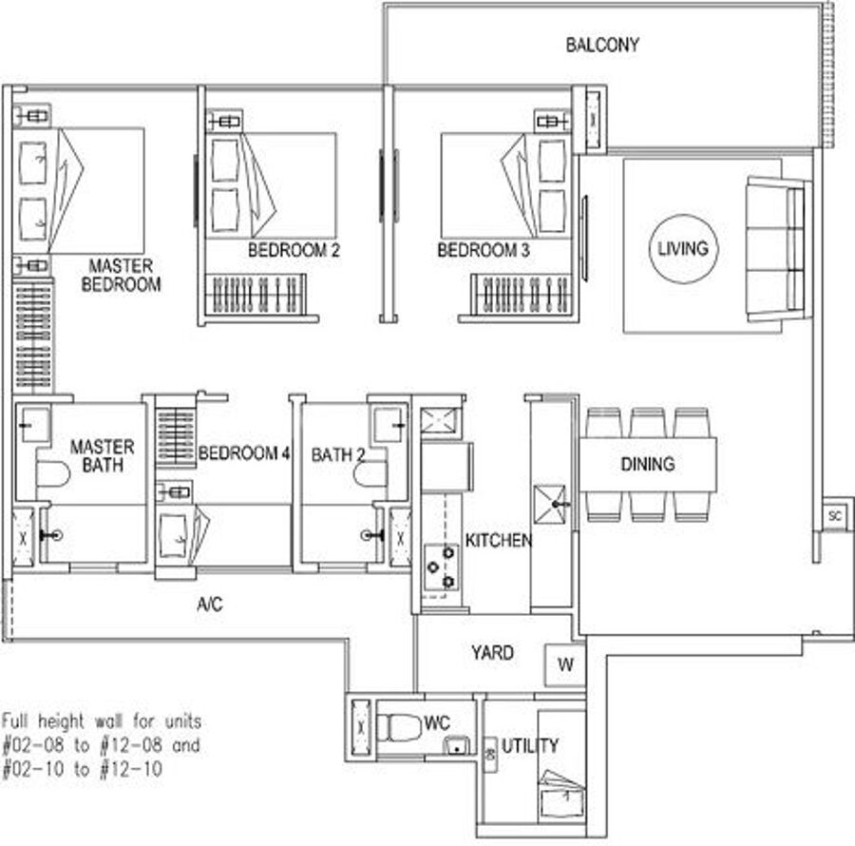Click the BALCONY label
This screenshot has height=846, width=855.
tap(602, 45)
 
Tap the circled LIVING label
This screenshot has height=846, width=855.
tap(683, 249)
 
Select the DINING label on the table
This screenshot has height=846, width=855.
tap(647, 464)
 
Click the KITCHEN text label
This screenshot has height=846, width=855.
tap(499, 540)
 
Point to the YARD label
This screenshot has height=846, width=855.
tap(492, 653)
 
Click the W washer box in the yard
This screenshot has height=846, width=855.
tap(565, 664)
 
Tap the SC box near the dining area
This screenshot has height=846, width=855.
tap(835, 515)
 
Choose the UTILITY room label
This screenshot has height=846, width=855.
tap(530, 745)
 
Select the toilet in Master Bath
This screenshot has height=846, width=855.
tap(53, 474)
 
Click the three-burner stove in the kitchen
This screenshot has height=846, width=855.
tap(442, 567)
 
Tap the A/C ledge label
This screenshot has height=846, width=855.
tap(210, 605)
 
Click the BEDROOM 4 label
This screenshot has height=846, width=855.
tap(244, 453)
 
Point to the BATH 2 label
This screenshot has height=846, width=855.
tap(337, 455)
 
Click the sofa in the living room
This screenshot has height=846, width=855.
tap(777, 249)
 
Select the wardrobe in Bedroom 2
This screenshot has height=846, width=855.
tap(256, 295)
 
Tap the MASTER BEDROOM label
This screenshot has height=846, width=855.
tap(121, 275)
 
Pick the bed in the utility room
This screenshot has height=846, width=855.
tap(561, 794)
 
